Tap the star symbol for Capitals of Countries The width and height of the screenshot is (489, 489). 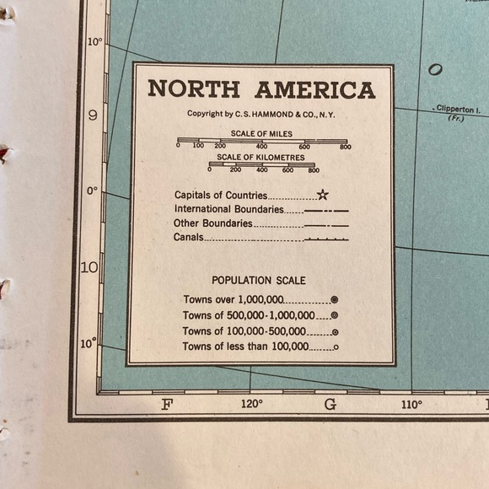point(322,195)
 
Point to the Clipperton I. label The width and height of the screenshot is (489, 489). point(457,109)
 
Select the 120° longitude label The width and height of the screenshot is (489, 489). point(251,404)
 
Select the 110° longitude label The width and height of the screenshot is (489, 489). point(411,404)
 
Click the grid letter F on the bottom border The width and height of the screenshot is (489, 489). point(166,404)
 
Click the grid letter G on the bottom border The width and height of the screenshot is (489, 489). point(330,404)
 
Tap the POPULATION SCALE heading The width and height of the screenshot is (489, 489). point(259,280)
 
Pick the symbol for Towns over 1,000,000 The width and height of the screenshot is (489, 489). point(335,299)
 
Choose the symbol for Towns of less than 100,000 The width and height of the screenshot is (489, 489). point(335,347)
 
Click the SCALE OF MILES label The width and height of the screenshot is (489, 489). point(261,133)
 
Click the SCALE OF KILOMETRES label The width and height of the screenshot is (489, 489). point(261,157)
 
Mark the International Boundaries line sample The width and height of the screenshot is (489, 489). point(326,210)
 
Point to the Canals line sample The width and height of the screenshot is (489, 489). point(326,239)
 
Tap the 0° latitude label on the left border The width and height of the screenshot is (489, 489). point(91,191)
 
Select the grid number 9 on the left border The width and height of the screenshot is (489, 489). point(92,116)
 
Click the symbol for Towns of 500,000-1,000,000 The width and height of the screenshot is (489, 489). point(335,315)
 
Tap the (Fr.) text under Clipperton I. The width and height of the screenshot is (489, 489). point(455,118)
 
